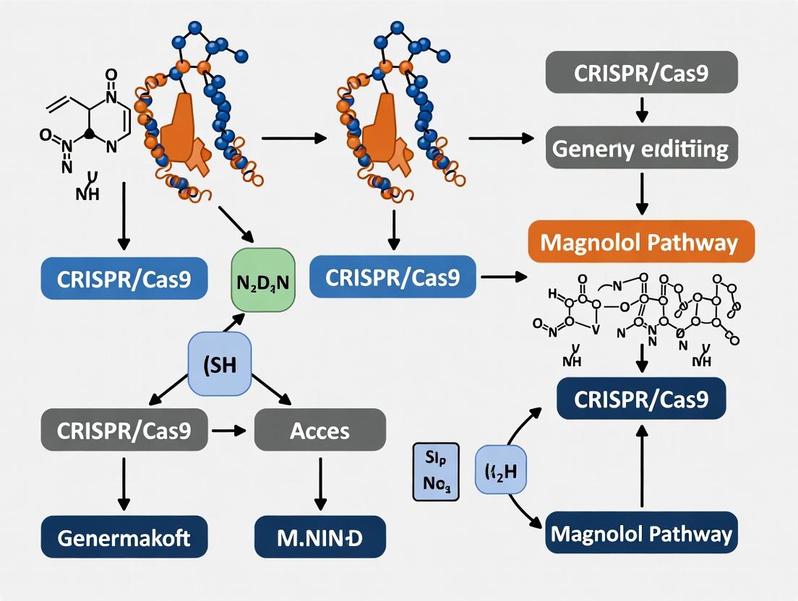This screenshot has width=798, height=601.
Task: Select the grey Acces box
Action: (319, 431)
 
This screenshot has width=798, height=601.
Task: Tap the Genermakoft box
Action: (124, 537)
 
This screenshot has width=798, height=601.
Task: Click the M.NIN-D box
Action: (319, 537)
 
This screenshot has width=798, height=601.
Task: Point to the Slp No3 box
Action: (437, 472)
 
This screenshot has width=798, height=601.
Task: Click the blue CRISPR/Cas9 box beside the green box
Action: (392, 277)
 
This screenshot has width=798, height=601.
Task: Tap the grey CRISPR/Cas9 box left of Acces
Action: (124, 431)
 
